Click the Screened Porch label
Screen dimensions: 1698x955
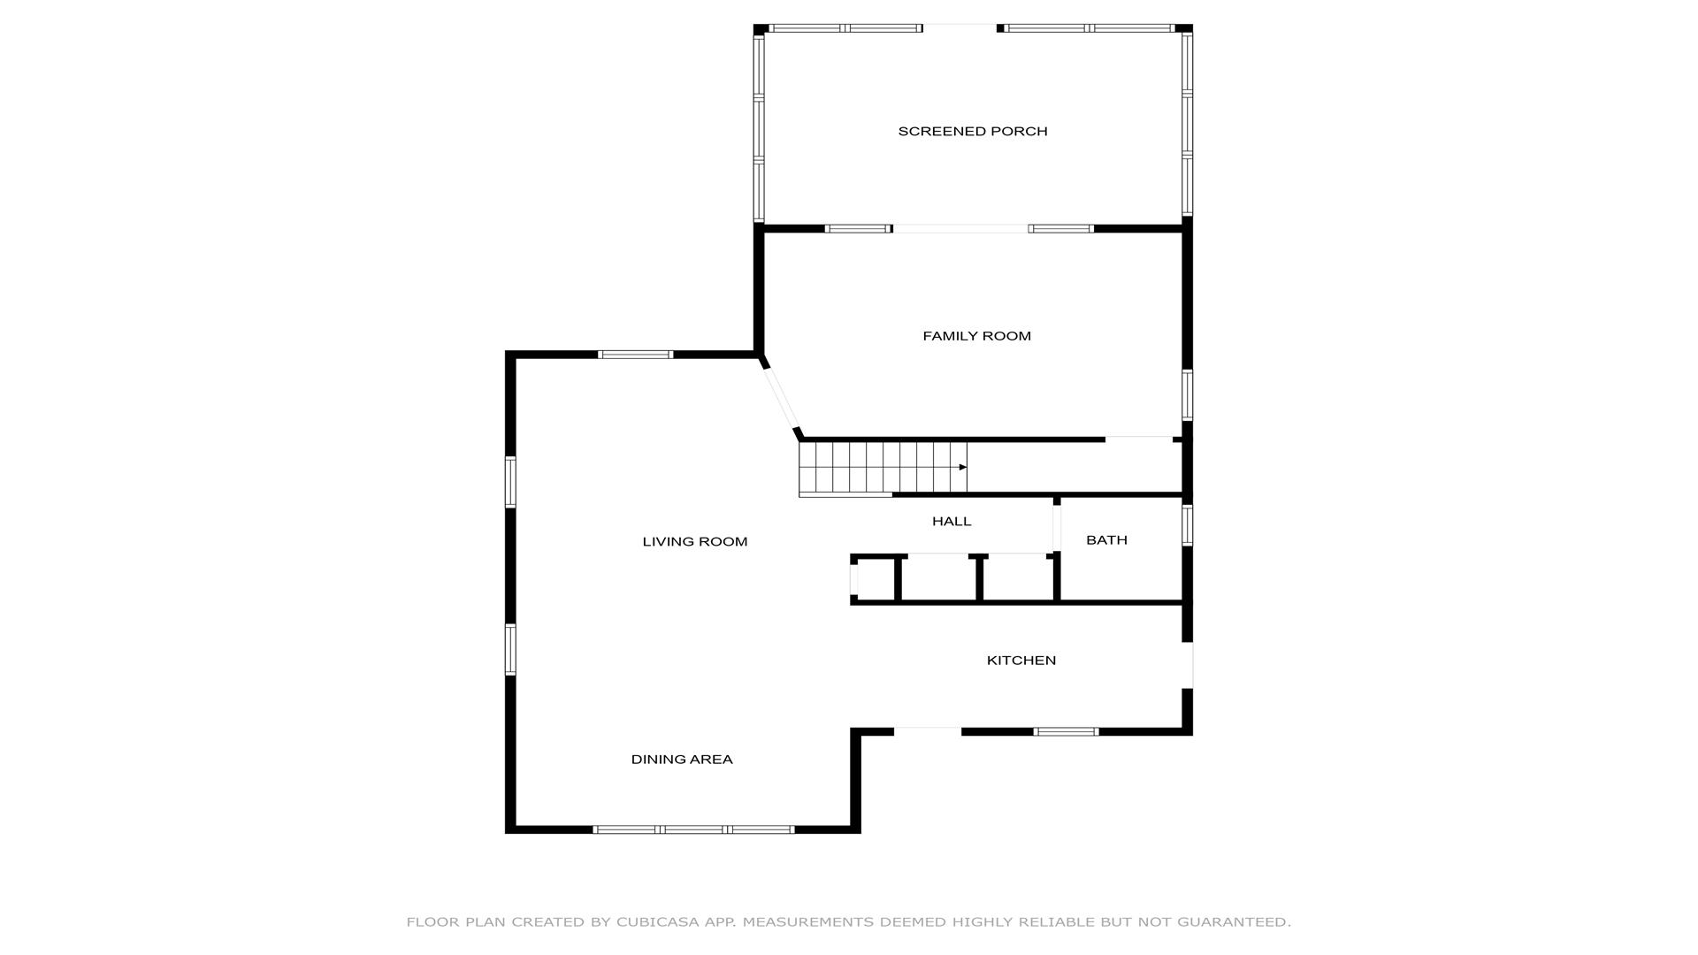[973, 132]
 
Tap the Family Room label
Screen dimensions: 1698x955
[976, 336]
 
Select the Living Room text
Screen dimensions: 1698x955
[695, 542]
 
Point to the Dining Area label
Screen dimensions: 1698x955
[682, 760]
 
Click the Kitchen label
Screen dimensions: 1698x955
[1021, 661]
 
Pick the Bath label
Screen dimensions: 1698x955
[1106, 540]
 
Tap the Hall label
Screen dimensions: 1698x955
[952, 522]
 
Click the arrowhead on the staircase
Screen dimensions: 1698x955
[963, 467]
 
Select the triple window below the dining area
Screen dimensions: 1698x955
[693, 829]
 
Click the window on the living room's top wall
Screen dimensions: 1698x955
[636, 355]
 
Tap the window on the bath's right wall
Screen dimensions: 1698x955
[1188, 524]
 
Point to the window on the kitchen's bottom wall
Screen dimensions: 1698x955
[1066, 731]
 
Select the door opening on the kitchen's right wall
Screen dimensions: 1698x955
[1188, 665]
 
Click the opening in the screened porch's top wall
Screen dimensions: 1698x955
[960, 28]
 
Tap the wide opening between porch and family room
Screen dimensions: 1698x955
[960, 229]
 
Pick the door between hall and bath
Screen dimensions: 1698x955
[1057, 528]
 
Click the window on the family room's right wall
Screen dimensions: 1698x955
[1188, 394]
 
